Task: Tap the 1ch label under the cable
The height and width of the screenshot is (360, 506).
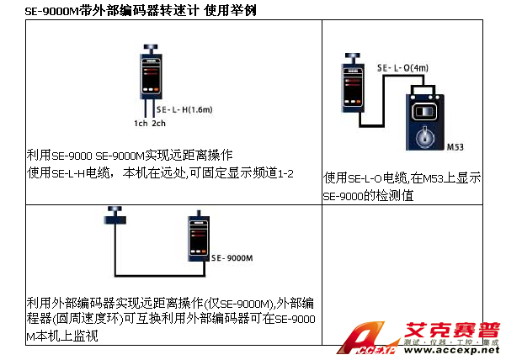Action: [x=141, y=124]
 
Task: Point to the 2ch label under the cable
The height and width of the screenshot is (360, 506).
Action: [x=159, y=124]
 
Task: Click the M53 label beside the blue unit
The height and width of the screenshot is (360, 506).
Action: [x=455, y=146]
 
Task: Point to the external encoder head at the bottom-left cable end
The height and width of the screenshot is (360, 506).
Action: [x=109, y=210]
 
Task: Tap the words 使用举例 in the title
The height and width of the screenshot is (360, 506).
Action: [x=232, y=10]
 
